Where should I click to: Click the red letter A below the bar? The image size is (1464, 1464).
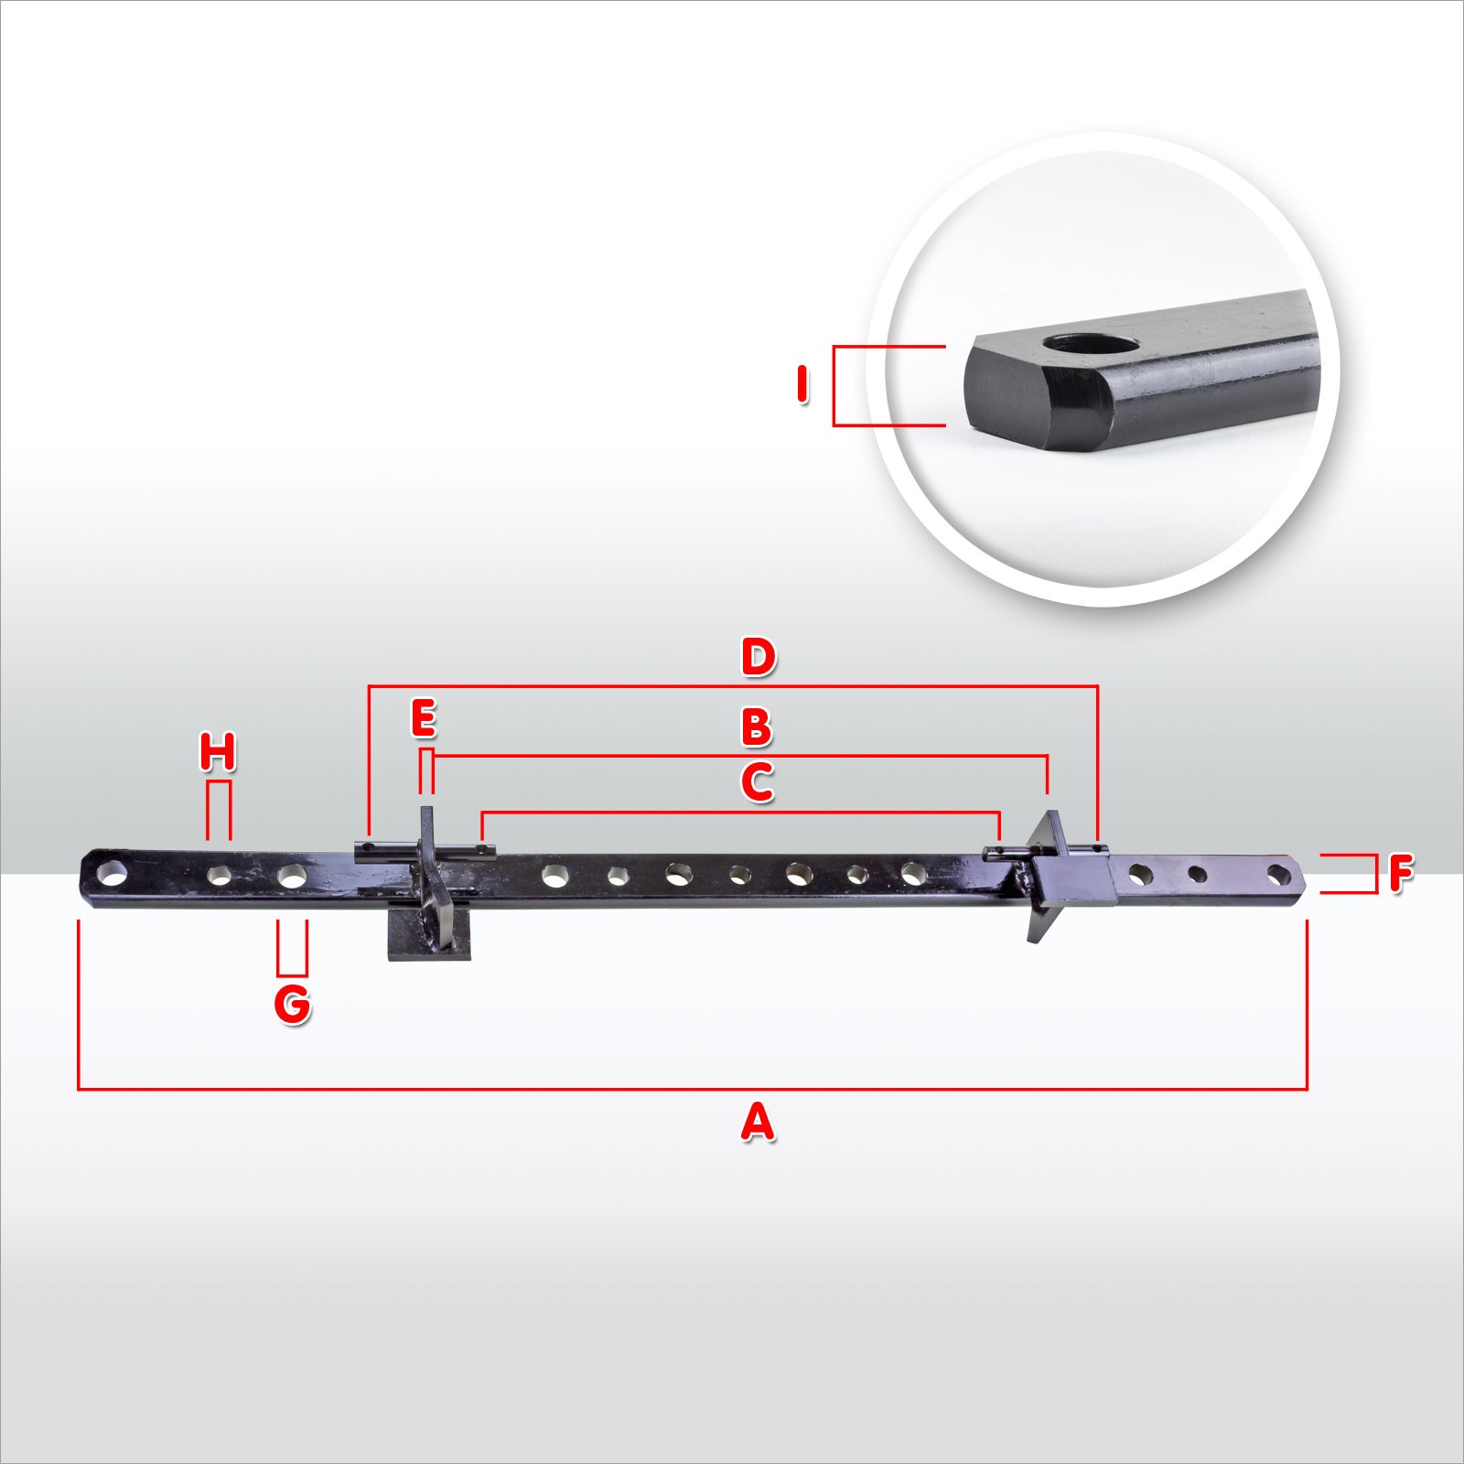[x=758, y=1122]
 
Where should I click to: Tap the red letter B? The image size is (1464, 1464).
[x=757, y=727]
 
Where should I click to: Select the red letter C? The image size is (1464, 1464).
[x=758, y=783]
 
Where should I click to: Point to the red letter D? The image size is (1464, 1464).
[x=759, y=657]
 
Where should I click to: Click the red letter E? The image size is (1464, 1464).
[x=424, y=718]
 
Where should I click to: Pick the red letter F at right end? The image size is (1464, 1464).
[x=1401, y=873]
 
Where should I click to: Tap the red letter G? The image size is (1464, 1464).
[x=293, y=1005]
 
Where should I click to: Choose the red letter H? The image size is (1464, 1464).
[x=218, y=752]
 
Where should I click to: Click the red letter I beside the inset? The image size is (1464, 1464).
[x=802, y=385]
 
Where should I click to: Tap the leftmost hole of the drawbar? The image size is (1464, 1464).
[x=113, y=871]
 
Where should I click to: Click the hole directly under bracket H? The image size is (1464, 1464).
[x=220, y=875]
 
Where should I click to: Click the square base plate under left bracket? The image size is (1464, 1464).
[x=429, y=933]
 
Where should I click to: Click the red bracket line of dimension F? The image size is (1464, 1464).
[x=1375, y=873]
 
